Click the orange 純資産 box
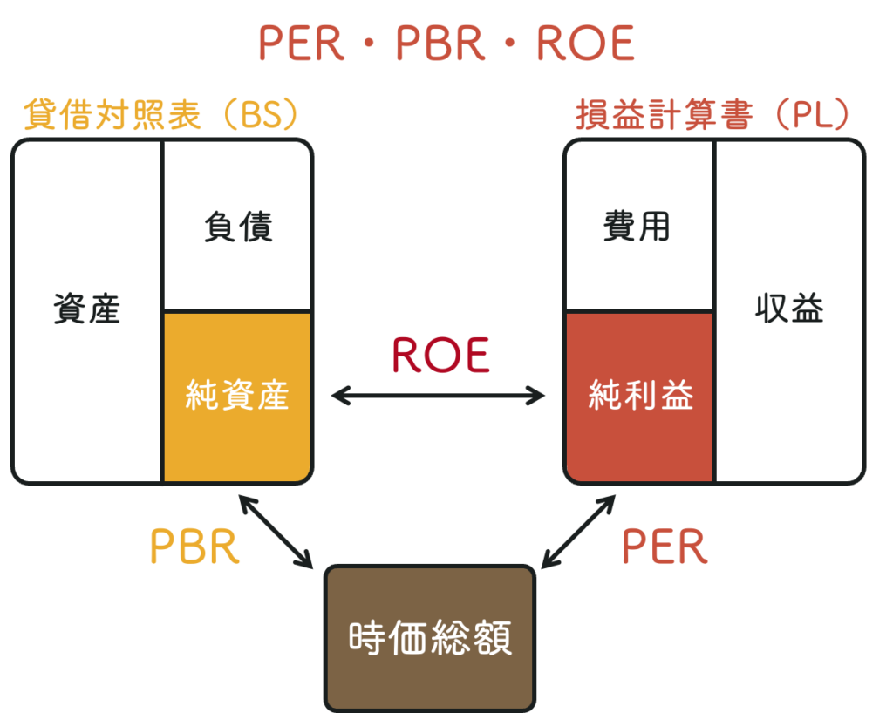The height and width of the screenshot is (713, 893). click(x=236, y=397)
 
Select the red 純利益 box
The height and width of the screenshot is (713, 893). click(x=640, y=397)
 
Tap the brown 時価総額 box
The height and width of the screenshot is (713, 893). click(x=430, y=637)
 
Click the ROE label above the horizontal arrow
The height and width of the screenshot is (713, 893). click(x=440, y=355)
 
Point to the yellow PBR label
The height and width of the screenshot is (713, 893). click(x=194, y=547)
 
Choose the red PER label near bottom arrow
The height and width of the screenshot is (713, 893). click(x=665, y=547)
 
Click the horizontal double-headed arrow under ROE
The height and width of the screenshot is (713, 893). click(x=438, y=397)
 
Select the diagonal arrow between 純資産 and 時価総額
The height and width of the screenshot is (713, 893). click(x=276, y=532)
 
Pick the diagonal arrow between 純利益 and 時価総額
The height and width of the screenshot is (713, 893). click(x=578, y=532)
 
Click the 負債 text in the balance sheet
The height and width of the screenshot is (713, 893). click(x=238, y=227)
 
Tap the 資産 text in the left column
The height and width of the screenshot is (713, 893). click(x=86, y=309)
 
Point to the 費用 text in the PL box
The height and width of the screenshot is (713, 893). click(x=637, y=227)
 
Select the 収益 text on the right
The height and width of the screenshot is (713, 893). click(x=789, y=309)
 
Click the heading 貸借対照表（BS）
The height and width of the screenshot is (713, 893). click(x=162, y=116)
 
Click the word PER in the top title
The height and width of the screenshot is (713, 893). click(x=302, y=44)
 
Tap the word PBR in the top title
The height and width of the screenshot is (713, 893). click(x=440, y=44)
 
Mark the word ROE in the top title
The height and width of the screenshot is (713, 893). click(x=585, y=44)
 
